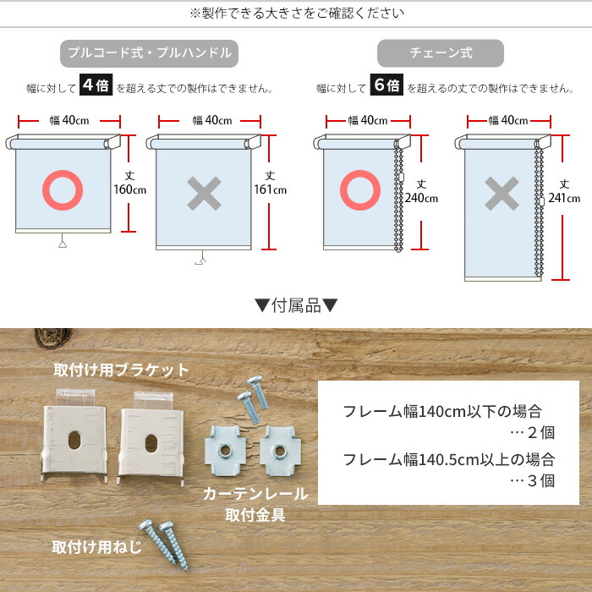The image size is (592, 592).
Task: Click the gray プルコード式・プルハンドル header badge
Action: (x=149, y=53)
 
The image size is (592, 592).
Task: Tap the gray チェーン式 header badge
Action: (x=441, y=53)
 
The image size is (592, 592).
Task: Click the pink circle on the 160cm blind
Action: (x=63, y=190)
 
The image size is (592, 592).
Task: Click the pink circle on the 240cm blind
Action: (x=360, y=191)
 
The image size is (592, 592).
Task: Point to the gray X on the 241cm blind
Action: (x=502, y=195)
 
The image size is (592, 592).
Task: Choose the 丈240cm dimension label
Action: (x=422, y=192)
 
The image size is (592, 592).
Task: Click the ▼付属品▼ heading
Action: (x=296, y=306)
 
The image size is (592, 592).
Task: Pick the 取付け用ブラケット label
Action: (x=122, y=370)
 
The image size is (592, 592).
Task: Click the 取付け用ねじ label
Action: (x=96, y=545)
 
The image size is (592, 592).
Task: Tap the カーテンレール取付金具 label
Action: (x=255, y=504)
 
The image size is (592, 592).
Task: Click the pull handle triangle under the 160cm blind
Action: (x=63, y=244)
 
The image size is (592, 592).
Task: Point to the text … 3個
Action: (x=534, y=481)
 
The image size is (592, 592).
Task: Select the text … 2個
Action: (x=534, y=433)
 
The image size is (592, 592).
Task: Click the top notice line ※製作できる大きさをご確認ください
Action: (x=296, y=13)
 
